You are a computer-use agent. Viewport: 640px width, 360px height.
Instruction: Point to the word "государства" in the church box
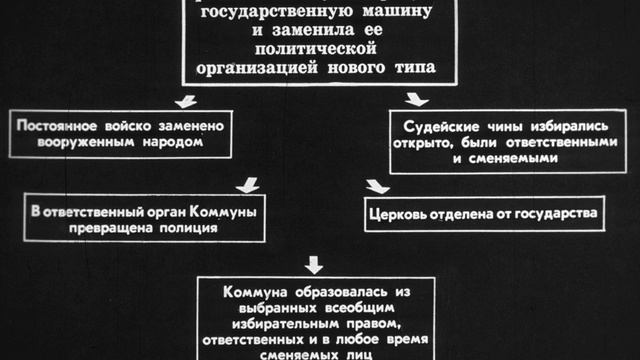[554, 214]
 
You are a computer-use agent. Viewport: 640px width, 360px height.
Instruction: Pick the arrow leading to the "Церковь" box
[377, 186]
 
